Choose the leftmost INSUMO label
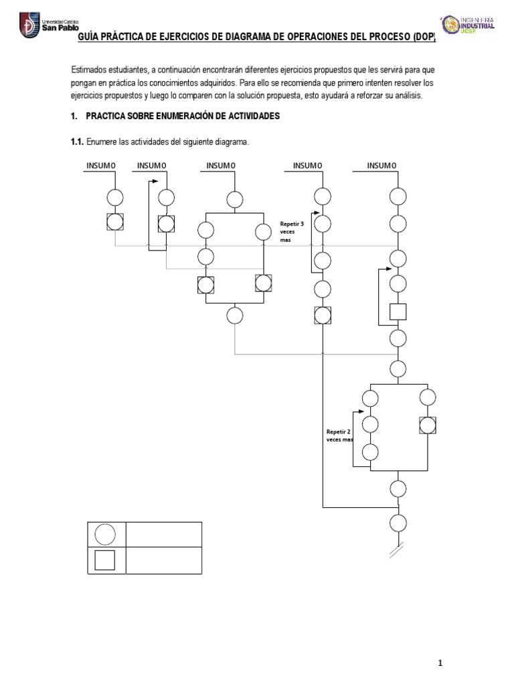(x=101, y=165)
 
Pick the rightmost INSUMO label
(x=381, y=165)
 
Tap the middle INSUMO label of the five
(x=220, y=165)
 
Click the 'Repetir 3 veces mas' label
(x=292, y=231)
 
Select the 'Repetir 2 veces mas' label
(x=339, y=436)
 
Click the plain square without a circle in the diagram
(x=398, y=312)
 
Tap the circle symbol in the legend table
(x=105, y=535)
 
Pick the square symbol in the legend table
(x=105, y=560)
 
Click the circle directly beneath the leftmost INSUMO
(x=115, y=197)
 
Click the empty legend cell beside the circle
(x=163, y=535)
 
